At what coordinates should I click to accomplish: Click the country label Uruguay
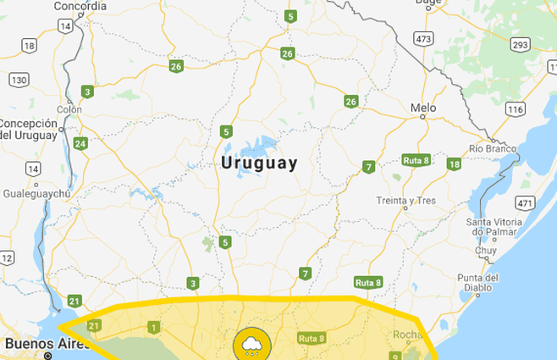(259, 163)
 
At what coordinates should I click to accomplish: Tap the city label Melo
(422, 108)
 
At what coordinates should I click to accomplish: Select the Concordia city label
(80, 6)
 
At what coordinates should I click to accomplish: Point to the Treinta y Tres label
(406, 201)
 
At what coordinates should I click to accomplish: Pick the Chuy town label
(486, 251)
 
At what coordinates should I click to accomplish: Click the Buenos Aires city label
(42, 344)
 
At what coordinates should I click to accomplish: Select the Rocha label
(407, 335)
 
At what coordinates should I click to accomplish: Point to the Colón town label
(69, 109)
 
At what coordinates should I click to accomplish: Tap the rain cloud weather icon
(252, 344)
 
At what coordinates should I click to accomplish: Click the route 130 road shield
(19, 79)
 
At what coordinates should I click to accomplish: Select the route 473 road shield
(423, 39)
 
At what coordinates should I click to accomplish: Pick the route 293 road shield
(521, 44)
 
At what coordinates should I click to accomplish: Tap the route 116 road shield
(516, 109)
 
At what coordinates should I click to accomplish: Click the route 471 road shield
(526, 202)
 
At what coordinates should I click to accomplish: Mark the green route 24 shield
(80, 143)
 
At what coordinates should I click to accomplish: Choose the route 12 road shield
(7, 258)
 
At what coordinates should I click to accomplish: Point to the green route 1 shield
(153, 327)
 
